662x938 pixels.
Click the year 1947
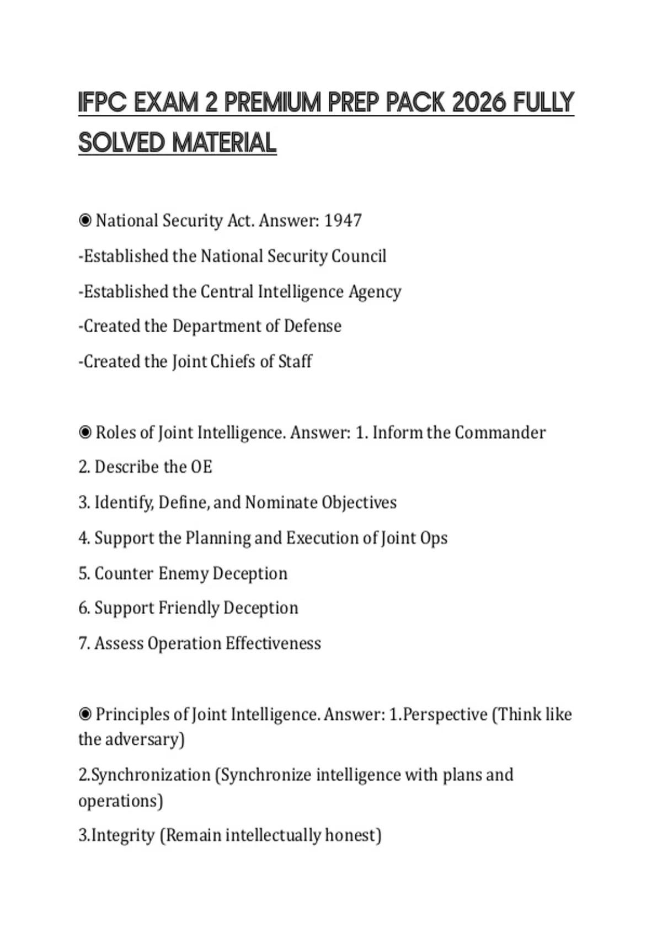point(343,221)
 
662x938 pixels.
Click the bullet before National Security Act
point(85,221)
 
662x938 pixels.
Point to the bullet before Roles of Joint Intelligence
point(85,432)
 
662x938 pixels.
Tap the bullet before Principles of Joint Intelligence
point(85,715)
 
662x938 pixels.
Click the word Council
point(359,256)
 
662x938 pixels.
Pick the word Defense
point(312,326)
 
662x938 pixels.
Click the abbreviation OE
point(201,467)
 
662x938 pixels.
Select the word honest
point(353,835)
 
